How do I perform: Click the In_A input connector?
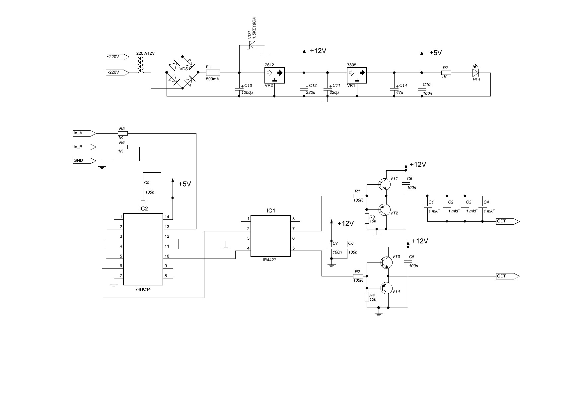[84, 133]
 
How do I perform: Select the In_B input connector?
[84, 147]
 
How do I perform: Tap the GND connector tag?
[84, 160]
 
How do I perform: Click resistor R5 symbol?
[123, 133]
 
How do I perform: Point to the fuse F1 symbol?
[213, 72]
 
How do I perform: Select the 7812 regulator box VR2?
[275, 76]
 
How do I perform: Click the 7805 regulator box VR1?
[357, 76]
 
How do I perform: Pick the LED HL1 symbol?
[476, 72]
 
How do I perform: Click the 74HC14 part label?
[143, 289]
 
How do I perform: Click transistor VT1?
[385, 184]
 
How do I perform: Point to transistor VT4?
[387, 289]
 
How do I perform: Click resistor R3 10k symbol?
[367, 219]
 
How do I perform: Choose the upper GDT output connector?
[508, 221]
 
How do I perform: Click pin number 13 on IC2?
[167, 227]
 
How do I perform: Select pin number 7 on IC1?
[293, 229]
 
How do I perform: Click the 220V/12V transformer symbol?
[141, 65]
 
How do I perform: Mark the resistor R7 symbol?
[446, 72]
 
